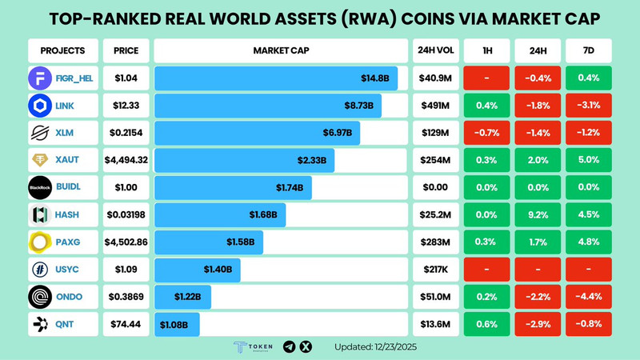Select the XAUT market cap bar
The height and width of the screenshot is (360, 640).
[x=245, y=161]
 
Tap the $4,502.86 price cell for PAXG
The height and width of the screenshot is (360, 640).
[x=126, y=242]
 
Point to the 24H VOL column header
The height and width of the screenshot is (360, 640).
[x=435, y=50]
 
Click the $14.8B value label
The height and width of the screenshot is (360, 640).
[x=374, y=78]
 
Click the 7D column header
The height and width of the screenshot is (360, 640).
[x=589, y=50]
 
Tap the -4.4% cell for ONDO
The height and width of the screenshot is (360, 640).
[x=589, y=296]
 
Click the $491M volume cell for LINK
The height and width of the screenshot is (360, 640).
[x=435, y=106]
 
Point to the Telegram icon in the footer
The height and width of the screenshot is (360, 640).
[x=290, y=346]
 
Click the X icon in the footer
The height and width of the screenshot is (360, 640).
[x=306, y=346]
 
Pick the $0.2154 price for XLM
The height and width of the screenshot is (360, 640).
[x=126, y=133]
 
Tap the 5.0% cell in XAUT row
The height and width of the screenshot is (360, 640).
[x=589, y=160]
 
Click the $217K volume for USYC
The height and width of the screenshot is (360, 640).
[x=435, y=269]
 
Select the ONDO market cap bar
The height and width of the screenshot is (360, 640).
[x=183, y=297]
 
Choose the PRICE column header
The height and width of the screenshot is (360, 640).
[x=126, y=50]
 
